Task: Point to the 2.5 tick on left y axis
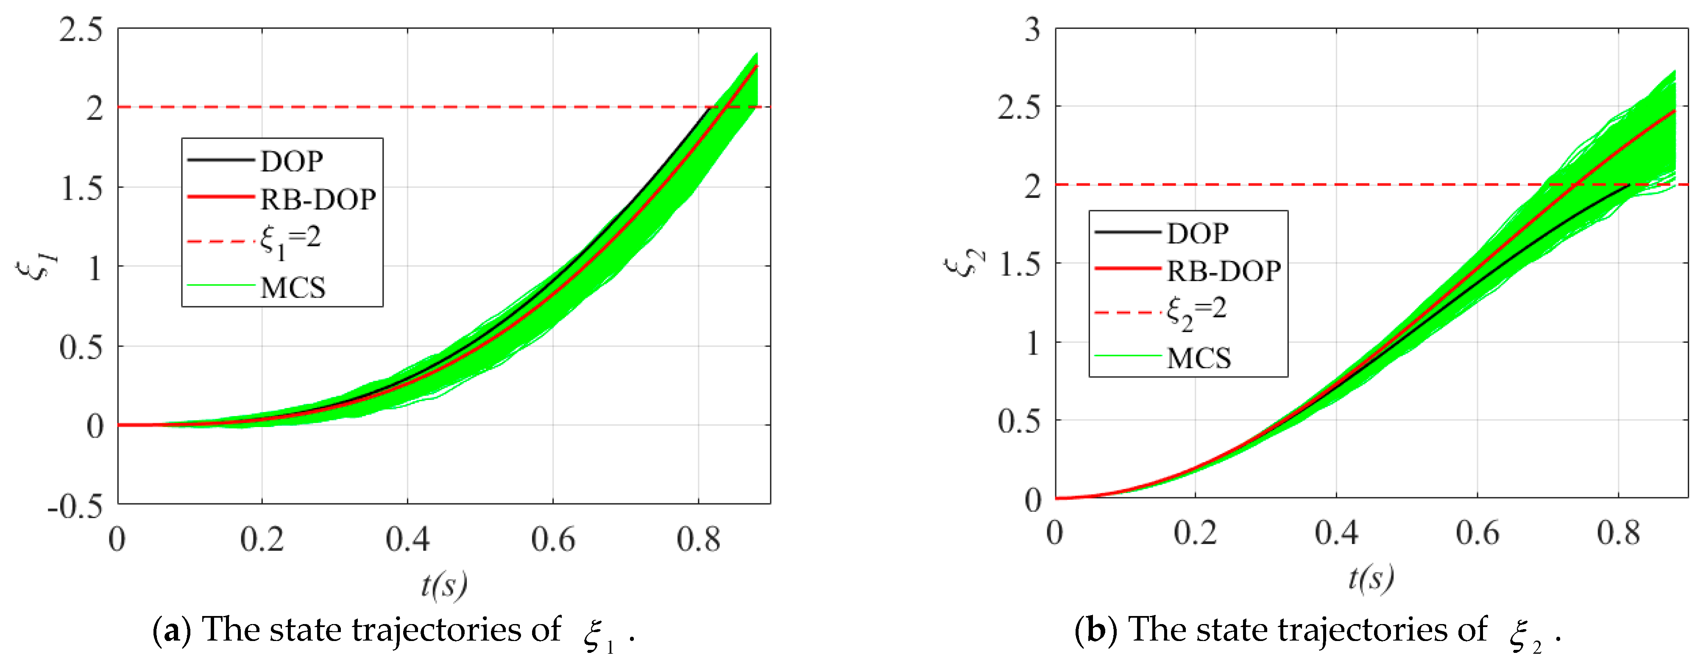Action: pos(81,30)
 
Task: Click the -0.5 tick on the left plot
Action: pos(75,506)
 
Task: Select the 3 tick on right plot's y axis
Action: pos(1032,30)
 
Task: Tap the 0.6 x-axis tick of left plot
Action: pos(553,540)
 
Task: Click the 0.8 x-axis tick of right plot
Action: pos(1618,533)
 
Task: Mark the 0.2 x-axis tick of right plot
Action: pos(1196,533)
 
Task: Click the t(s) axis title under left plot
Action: pos(444,584)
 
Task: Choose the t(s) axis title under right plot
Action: pos(1371,578)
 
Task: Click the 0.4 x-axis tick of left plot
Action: pos(407,540)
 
